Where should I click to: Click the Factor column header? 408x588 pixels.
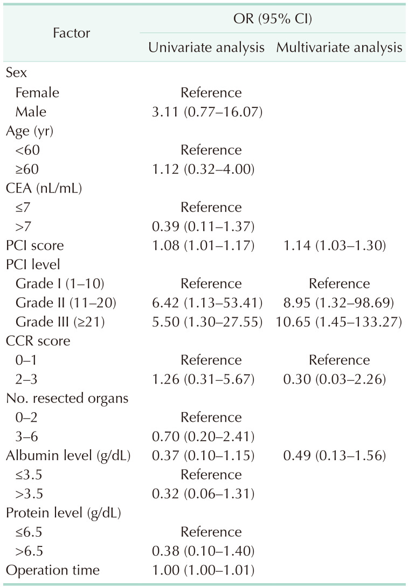(71, 33)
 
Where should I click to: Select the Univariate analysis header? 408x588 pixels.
(206, 47)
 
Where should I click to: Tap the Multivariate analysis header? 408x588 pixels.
(339, 47)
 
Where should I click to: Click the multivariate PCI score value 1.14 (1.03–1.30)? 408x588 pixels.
(339, 245)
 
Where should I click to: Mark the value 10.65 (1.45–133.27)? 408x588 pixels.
(339, 322)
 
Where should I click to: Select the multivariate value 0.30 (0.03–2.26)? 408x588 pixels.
(339, 379)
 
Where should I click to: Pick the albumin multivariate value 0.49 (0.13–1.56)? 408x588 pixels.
(339, 455)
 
